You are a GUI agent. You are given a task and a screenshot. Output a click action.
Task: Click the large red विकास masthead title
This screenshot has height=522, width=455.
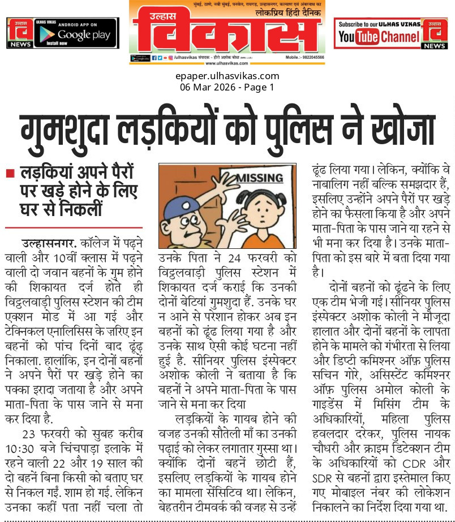[227, 32]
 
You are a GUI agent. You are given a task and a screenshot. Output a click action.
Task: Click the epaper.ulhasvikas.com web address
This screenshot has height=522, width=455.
[227, 76]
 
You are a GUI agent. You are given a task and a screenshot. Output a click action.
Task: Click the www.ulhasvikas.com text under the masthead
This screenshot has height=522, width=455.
[227, 64]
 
